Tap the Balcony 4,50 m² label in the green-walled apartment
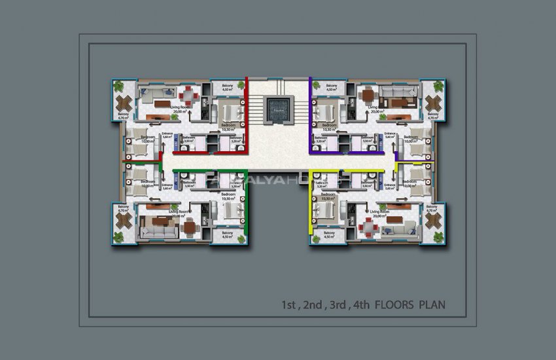[x=227, y=235]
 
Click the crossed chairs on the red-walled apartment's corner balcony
[x=124, y=103]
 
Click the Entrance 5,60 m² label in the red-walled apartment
[x=167, y=136]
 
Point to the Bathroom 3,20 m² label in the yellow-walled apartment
[x=321, y=186]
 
